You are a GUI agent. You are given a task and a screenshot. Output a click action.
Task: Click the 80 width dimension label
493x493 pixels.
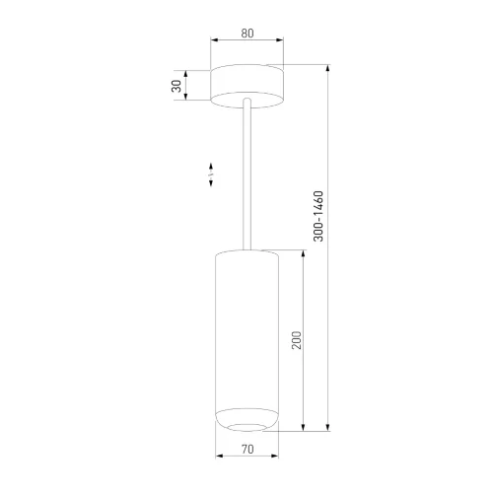tap(247, 34)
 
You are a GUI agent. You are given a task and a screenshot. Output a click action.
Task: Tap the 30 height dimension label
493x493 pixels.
tap(176, 86)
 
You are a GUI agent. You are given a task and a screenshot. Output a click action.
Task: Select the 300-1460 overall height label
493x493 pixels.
tap(318, 216)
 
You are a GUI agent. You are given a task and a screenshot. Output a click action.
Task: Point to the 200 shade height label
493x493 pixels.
tap(296, 340)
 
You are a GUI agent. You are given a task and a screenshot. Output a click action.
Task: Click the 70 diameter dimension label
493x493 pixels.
tap(247, 449)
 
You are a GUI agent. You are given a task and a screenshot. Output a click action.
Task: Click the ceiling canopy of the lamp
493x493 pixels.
tap(246, 86)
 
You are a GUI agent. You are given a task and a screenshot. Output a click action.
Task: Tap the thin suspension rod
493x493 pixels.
tap(246, 175)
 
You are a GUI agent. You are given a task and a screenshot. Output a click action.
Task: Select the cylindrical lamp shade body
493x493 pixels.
tap(246, 340)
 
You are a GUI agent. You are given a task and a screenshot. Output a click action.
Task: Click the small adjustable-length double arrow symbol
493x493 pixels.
tap(211, 175)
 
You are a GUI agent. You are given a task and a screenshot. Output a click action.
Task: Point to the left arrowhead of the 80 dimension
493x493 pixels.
tap(214, 40)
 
